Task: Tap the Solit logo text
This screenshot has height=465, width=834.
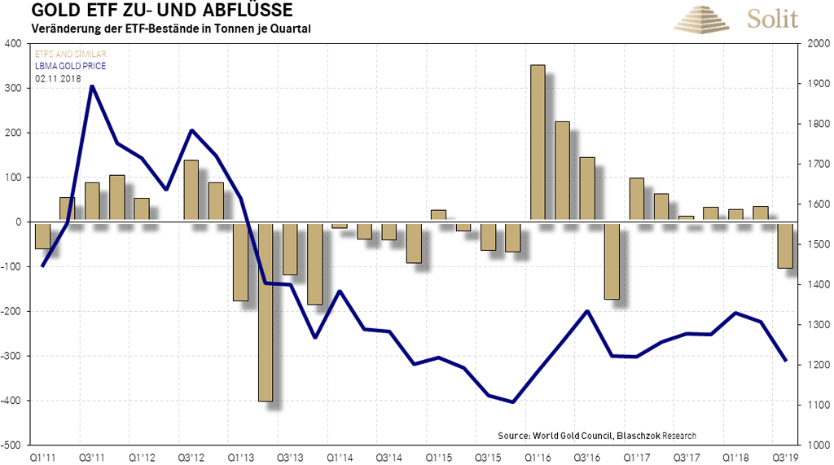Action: pyautogui.click(x=771, y=18)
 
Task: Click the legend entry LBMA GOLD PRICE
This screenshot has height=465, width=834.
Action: pyautogui.click(x=70, y=66)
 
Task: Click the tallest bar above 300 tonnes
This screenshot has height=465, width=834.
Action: pyautogui.click(x=538, y=143)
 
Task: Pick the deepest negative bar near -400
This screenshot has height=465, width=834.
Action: pyautogui.click(x=265, y=311)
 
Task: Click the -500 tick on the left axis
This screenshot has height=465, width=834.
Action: pyautogui.click(x=11, y=445)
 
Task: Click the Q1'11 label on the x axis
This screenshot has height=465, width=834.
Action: pyautogui.click(x=42, y=458)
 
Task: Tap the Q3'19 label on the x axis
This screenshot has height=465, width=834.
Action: pyautogui.click(x=785, y=458)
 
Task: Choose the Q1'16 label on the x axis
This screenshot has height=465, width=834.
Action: pyautogui.click(x=538, y=458)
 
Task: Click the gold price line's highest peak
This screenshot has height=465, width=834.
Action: pyautogui.click(x=92, y=86)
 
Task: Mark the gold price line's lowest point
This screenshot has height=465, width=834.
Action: pyautogui.click(x=513, y=401)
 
